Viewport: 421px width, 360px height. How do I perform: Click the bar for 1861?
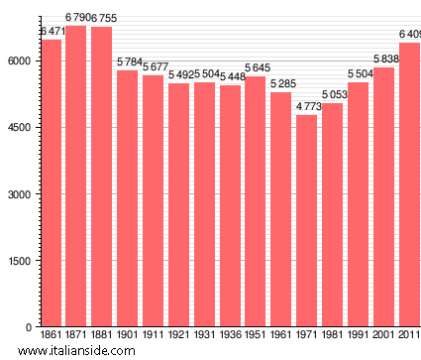tap(51, 183)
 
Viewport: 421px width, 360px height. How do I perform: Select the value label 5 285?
tap(283, 83)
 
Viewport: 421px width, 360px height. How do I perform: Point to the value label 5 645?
tap(256, 67)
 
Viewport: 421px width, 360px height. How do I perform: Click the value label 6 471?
tap(52, 32)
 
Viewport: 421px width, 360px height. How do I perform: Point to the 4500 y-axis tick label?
tap(22, 127)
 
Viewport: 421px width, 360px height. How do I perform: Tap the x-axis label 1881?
tap(102, 335)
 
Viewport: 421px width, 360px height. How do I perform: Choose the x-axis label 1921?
tap(178, 335)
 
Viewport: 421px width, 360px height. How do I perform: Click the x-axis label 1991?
tap(359, 335)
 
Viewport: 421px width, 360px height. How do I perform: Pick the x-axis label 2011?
tap(408, 335)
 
